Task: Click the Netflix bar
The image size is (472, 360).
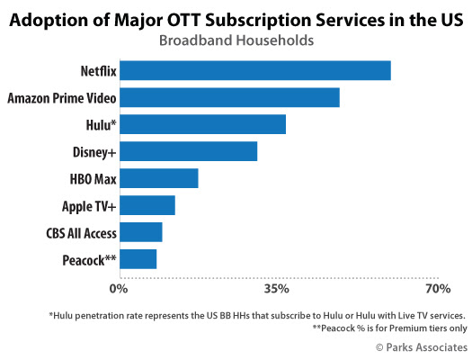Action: coord(255,70)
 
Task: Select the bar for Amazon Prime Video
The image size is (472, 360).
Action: coord(229,97)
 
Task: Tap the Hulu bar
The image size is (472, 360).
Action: coord(203,124)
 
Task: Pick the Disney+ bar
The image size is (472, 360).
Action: coord(189,151)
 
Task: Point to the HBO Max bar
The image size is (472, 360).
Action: coord(159,178)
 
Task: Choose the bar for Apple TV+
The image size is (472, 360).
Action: coord(147,205)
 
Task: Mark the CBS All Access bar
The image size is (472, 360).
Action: coord(141,232)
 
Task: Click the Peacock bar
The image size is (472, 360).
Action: coord(138,259)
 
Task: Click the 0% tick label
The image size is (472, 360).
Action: coord(119,289)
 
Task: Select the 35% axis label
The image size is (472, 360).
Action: coord(276,289)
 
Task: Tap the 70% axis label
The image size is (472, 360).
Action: coord(438,289)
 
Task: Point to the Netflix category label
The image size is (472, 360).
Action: coord(98,71)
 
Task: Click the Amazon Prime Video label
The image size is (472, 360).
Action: coord(62,98)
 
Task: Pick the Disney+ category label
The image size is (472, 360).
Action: coord(94,152)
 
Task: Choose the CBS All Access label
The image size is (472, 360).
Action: coord(81,233)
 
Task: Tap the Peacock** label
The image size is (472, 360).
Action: coord(89,260)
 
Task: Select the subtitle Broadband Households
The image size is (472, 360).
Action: coord(236,40)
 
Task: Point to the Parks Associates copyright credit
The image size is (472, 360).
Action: coord(422,347)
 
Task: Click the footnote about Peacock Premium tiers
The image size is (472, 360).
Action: coord(390,328)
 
